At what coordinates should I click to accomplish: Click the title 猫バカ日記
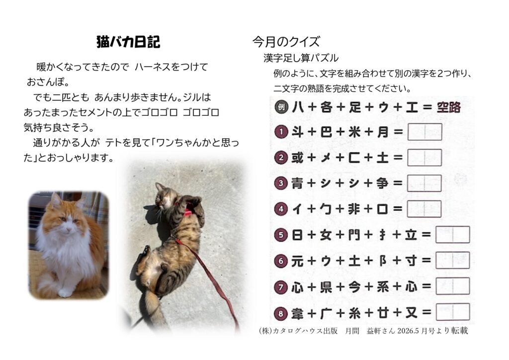click(128, 42)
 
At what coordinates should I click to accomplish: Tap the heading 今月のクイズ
click(286, 42)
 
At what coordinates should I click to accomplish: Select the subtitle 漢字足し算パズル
click(301, 58)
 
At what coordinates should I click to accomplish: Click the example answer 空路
click(449, 107)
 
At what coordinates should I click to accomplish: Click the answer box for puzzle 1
click(424, 132)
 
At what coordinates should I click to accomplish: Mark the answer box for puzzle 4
click(424, 209)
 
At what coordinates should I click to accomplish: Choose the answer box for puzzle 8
click(453, 312)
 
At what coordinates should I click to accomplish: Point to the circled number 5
click(281, 235)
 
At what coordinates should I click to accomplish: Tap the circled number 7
click(281, 287)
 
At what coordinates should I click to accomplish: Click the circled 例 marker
click(281, 107)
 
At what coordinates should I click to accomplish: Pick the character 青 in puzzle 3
click(297, 183)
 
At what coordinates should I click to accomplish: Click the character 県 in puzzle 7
click(326, 287)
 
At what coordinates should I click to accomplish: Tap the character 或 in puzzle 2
click(297, 158)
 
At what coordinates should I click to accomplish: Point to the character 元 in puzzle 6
click(297, 261)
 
